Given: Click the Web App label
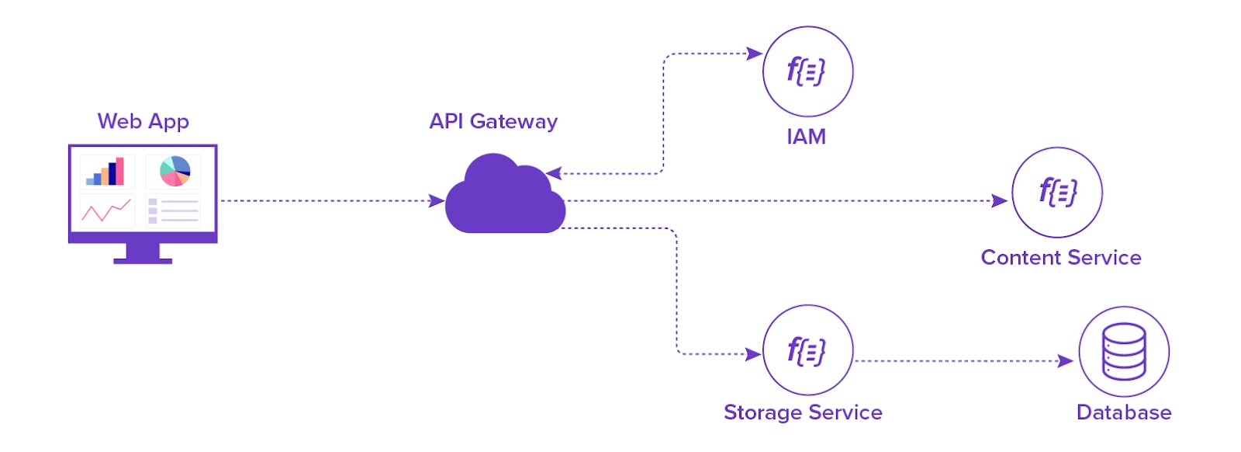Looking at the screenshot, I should click(x=143, y=121).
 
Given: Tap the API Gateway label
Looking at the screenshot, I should click(x=493, y=121).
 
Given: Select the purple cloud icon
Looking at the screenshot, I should click(x=504, y=198).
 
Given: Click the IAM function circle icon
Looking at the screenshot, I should click(x=807, y=71).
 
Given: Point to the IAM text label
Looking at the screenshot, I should click(x=806, y=137).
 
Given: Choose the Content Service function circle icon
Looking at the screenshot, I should click(x=1056, y=192).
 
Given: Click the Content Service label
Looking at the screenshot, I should click(x=1060, y=257).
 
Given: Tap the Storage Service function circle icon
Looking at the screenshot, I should click(x=807, y=350).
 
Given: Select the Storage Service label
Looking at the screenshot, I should click(x=803, y=412).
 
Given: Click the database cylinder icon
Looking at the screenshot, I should click(x=1123, y=351).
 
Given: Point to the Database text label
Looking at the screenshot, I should click(x=1123, y=412).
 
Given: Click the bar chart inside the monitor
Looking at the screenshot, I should click(x=107, y=172).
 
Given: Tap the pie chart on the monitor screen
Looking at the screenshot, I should click(x=175, y=171).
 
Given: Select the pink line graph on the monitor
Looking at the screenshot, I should click(x=106, y=210).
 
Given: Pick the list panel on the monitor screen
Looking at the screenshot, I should click(x=173, y=210).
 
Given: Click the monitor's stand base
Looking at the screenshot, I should click(x=143, y=260).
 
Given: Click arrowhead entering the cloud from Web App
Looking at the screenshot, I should click(x=437, y=200).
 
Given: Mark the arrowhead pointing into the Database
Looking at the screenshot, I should click(x=1066, y=360).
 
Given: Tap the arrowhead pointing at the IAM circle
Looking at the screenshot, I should click(x=754, y=54).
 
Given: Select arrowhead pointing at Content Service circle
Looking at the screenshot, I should click(x=1000, y=200).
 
